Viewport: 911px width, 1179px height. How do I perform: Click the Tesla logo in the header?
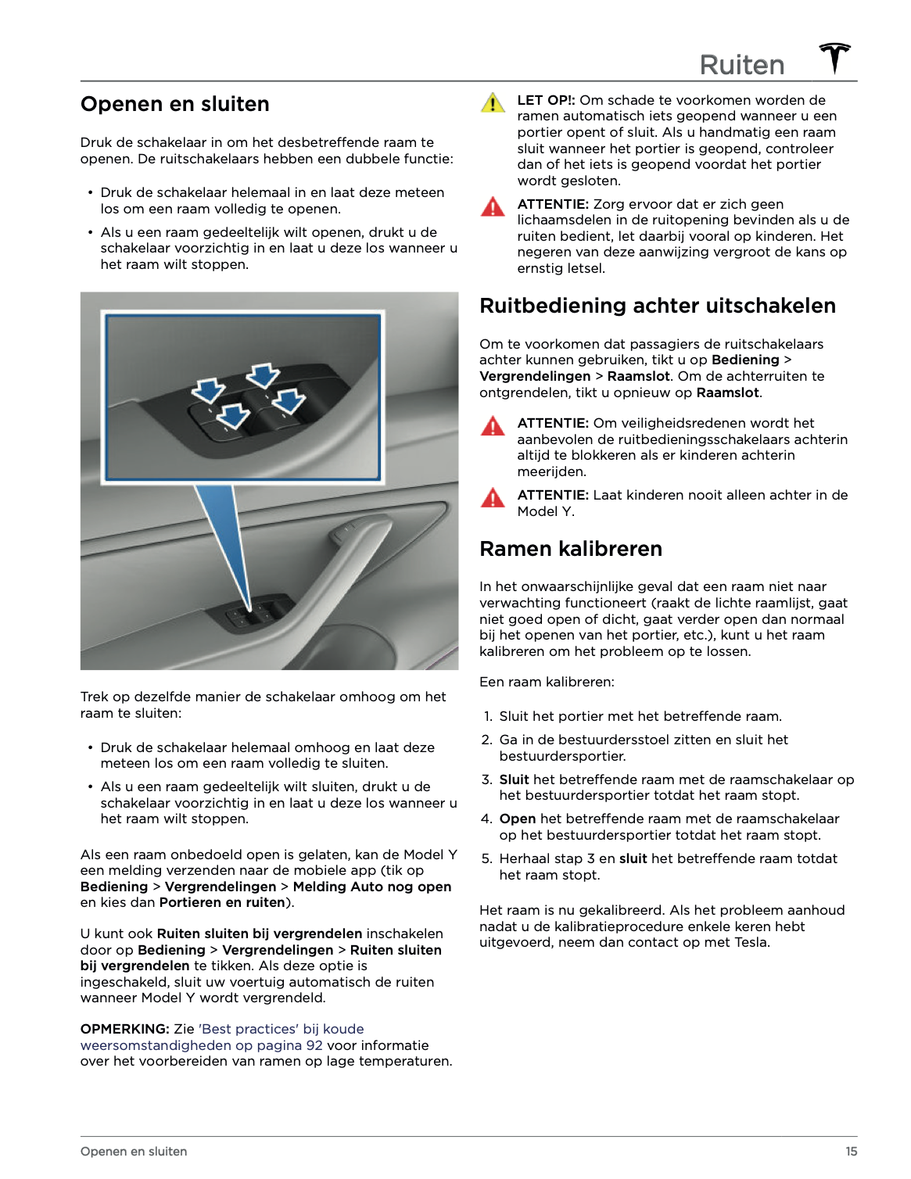pyautogui.click(x=834, y=59)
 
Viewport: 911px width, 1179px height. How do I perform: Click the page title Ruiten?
pyautogui.click(x=741, y=65)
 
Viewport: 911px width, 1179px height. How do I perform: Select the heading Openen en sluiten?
pyautogui.click(x=174, y=104)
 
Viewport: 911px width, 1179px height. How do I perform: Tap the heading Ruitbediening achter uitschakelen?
pyautogui.click(x=657, y=306)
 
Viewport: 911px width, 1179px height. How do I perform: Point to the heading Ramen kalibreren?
pyautogui.click(x=570, y=549)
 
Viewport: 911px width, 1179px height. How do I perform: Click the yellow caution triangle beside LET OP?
pyautogui.click(x=493, y=103)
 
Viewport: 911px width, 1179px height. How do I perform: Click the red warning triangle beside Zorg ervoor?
pyautogui.click(x=493, y=207)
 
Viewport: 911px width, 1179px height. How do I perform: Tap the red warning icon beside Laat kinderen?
pyautogui.click(x=493, y=498)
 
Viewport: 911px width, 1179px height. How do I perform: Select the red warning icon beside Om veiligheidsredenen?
pyautogui.click(x=493, y=426)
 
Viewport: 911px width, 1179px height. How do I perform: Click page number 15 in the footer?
pyautogui.click(x=851, y=1152)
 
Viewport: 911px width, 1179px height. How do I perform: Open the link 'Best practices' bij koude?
pyautogui.click(x=281, y=1029)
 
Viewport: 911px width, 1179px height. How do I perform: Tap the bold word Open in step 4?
pyautogui.click(x=517, y=819)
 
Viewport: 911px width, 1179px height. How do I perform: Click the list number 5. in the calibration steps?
pyautogui.click(x=486, y=858)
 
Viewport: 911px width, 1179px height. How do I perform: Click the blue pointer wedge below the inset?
pyautogui.click(x=227, y=532)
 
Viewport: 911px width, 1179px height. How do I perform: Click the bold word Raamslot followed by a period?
pyautogui.click(x=727, y=392)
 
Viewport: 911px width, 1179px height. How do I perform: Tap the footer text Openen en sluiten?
pyautogui.click(x=134, y=1152)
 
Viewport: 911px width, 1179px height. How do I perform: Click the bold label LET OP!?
pyautogui.click(x=546, y=100)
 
